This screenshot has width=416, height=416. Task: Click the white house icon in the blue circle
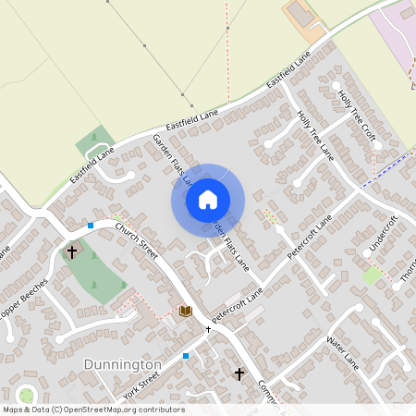click(x=208, y=199)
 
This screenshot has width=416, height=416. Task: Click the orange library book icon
click(x=185, y=311)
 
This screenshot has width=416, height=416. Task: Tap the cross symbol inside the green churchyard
click(x=72, y=251)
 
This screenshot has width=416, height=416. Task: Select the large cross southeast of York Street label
click(x=239, y=373)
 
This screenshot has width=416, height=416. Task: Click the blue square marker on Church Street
click(x=91, y=226)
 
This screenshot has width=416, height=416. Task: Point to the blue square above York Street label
click(x=186, y=355)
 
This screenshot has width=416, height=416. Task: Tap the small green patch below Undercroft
click(x=372, y=275)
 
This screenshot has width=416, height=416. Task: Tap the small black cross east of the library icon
click(x=208, y=329)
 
